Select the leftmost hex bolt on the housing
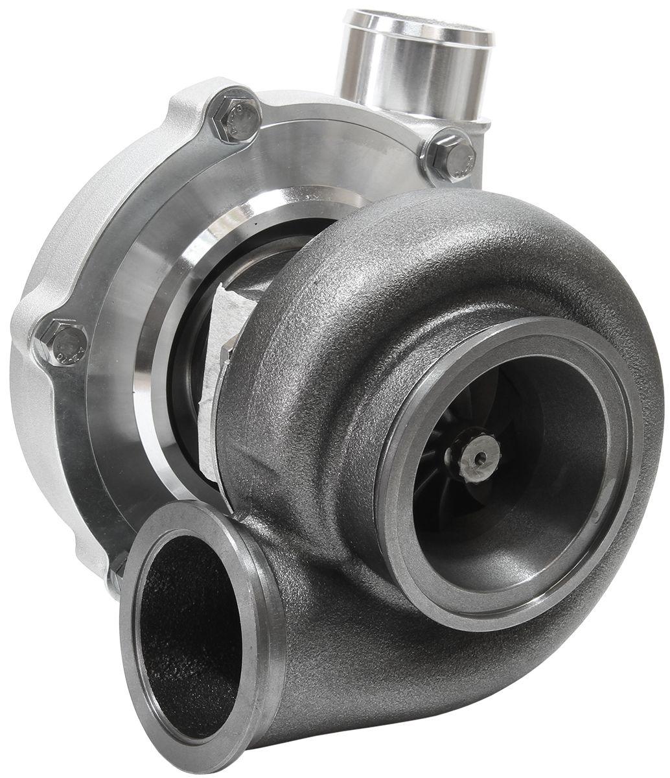tap(63, 343)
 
